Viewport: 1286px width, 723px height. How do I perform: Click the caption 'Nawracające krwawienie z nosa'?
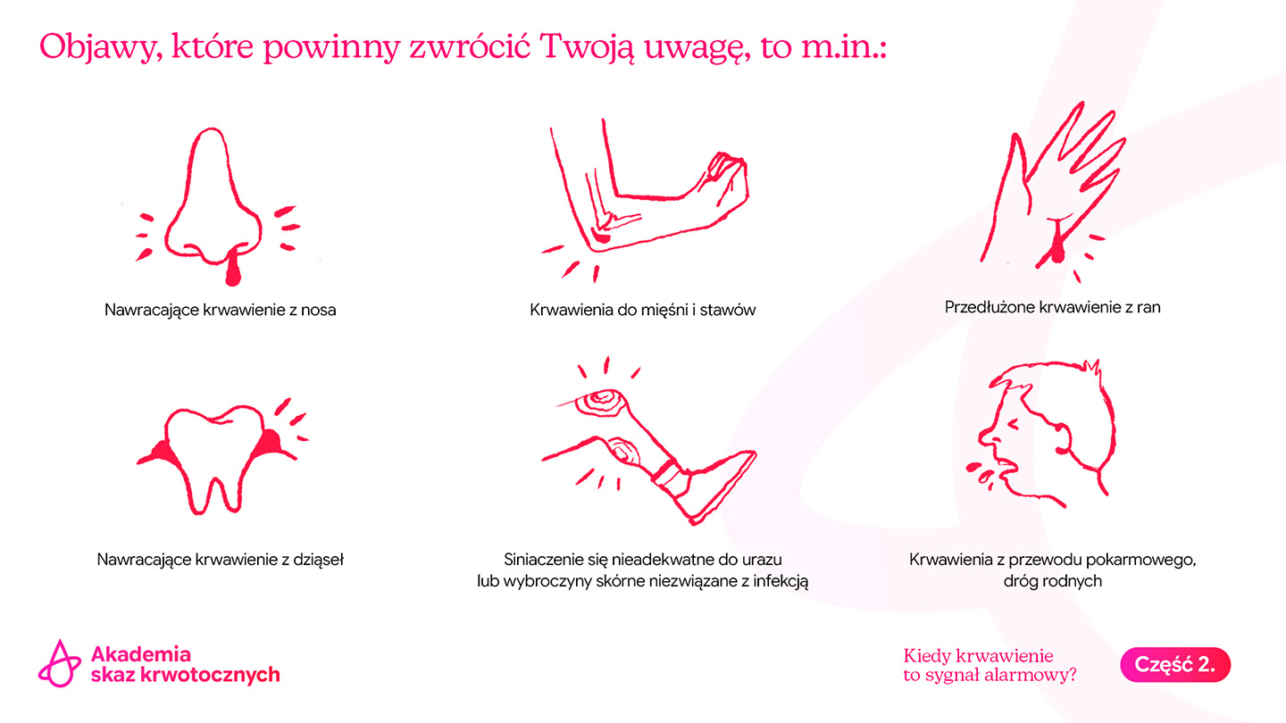tap(220, 310)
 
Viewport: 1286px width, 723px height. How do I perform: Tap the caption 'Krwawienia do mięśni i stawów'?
tap(642, 310)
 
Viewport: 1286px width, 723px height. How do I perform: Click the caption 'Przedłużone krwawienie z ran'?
tap(1052, 307)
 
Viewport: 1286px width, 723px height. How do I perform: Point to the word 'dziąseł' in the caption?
tap(318, 560)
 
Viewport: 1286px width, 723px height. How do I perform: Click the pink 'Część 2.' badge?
tap(1175, 664)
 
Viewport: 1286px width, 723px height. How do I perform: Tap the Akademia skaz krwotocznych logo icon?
tap(59, 663)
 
